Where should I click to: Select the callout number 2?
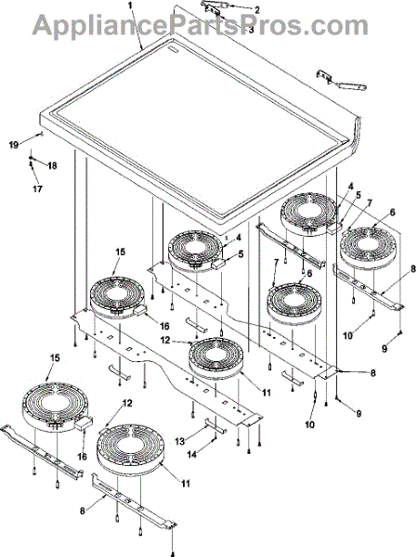tap(256, 10)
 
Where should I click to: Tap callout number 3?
tap(251, 30)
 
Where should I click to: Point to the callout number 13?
tap(180, 441)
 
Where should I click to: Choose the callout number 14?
tap(192, 454)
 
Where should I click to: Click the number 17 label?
tap(38, 188)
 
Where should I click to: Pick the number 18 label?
tap(52, 166)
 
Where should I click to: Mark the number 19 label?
tap(14, 145)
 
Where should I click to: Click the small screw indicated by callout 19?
tap(40, 134)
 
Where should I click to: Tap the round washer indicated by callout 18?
tap(32, 158)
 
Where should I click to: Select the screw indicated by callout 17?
tap(31, 163)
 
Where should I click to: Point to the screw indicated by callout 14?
tap(215, 441)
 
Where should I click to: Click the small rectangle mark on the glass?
tap(173, 50)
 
